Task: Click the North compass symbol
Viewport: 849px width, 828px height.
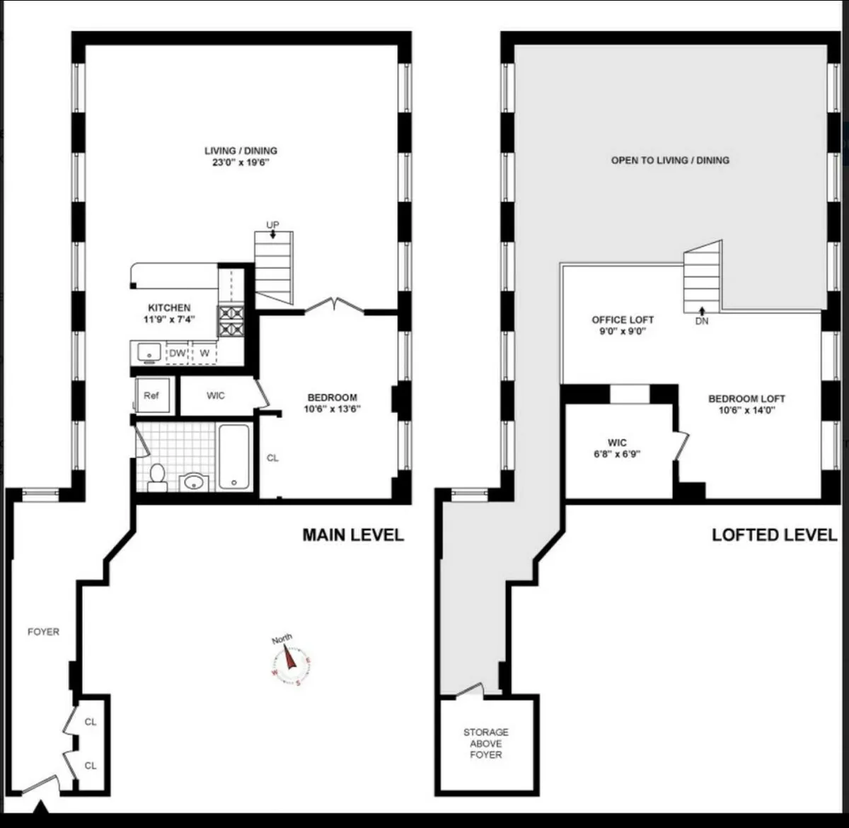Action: pos(290,662)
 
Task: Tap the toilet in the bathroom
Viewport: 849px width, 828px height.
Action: pos(157,477)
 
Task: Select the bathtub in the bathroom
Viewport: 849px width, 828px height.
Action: pos(233,456)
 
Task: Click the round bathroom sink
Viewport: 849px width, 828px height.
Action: pos(193,482)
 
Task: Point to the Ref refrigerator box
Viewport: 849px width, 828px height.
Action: pos(151,395)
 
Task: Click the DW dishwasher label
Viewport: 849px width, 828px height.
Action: pos(177,352)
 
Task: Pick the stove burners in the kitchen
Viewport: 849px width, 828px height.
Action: pos(231,320)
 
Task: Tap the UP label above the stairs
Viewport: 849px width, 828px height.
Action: pos(272,225)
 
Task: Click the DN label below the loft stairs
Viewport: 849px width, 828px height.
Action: pos(701,320)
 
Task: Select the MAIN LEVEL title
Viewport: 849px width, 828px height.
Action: pos(353,535)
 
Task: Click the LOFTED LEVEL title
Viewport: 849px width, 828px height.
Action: pos(774,535)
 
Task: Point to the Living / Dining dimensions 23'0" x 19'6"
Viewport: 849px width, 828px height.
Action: pos(241,162)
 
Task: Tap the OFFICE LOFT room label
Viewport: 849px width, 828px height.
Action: pos(623,320)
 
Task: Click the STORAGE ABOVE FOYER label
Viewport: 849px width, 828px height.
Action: pos(486,743)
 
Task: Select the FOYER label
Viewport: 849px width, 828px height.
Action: pos(43,631)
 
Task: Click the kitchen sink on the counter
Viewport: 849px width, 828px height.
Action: pos(149,351)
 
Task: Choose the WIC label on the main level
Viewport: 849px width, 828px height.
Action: pos(216,395)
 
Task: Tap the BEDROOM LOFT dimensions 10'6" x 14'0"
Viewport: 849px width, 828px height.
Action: pos(746,409)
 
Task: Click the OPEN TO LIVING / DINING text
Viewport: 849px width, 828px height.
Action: pos(669,161)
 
